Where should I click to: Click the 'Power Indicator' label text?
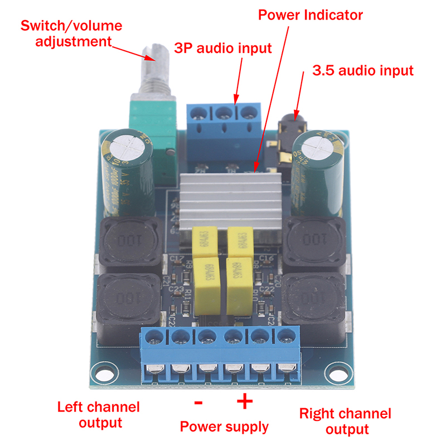pos(311,14)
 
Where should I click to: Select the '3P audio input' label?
pos(223,48)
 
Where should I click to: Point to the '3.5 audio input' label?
pos(363,71)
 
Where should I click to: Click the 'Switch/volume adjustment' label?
pos(71,33)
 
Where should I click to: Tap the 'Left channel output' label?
pos(98,414)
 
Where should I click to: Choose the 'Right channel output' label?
pos(345,421)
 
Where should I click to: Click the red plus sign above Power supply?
pos(245,402)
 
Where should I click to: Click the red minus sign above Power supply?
pos(198,403)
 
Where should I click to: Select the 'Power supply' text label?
pos(224,427)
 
